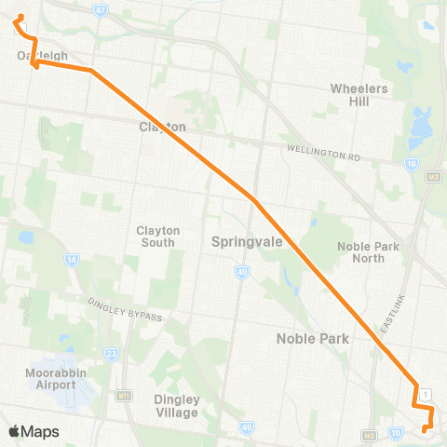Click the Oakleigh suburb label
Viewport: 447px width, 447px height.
pos(42,56)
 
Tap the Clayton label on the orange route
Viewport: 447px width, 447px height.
pos(163,127)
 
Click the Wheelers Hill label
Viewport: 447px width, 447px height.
pos(359,95)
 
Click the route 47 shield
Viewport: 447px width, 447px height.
pos(101,9)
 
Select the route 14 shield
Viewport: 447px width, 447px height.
pos(72,261)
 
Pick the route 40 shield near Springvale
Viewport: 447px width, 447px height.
pos(241,271)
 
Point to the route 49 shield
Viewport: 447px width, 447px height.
pos(247,427)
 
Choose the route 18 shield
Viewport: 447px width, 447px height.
pos(410,163)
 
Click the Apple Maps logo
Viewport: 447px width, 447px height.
pos(34,431)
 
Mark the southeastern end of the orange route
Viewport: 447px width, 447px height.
pos(424,429)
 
